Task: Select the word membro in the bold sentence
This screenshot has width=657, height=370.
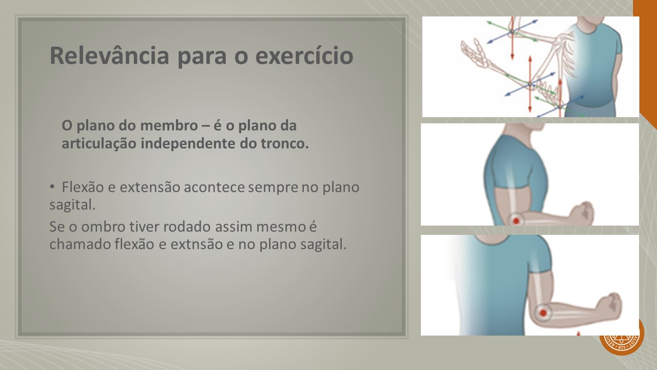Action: click(169, 125)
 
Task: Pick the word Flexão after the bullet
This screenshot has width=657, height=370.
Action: click(83, 187)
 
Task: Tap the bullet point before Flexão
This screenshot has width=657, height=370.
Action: click(52, 187)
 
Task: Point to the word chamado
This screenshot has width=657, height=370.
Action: click(80, 244)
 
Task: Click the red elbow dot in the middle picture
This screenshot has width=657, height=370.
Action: click(516, 220)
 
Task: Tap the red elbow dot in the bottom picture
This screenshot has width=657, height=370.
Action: click(543, 313)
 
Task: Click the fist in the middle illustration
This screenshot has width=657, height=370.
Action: click(582, 213)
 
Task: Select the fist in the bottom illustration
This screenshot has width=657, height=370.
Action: click(608, 306)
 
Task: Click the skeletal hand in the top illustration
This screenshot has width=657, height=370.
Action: click(475, 53)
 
